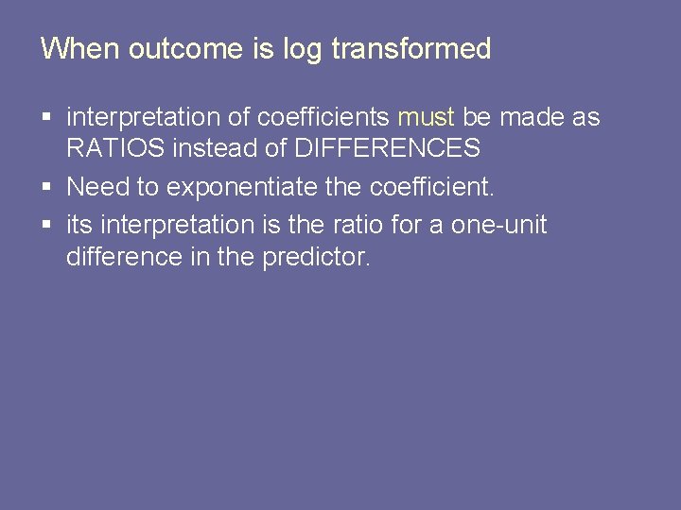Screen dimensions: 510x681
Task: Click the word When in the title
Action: pyautogui.click(x=80, y=49)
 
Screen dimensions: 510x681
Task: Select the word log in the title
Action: pyautogui.click(x=301, y=49)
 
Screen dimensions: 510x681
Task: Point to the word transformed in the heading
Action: pyautogui.click(x=411, y=49)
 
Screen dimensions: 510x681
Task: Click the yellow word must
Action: pyautogui.click(x=426, y=118)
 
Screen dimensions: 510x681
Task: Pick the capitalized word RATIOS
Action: pyautogui.click(x=112, y=148)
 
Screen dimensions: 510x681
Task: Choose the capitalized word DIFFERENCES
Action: pyautogui.click(x=388, y=148)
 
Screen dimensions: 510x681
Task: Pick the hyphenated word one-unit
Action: pyautogui.click(x=500, y=226)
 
